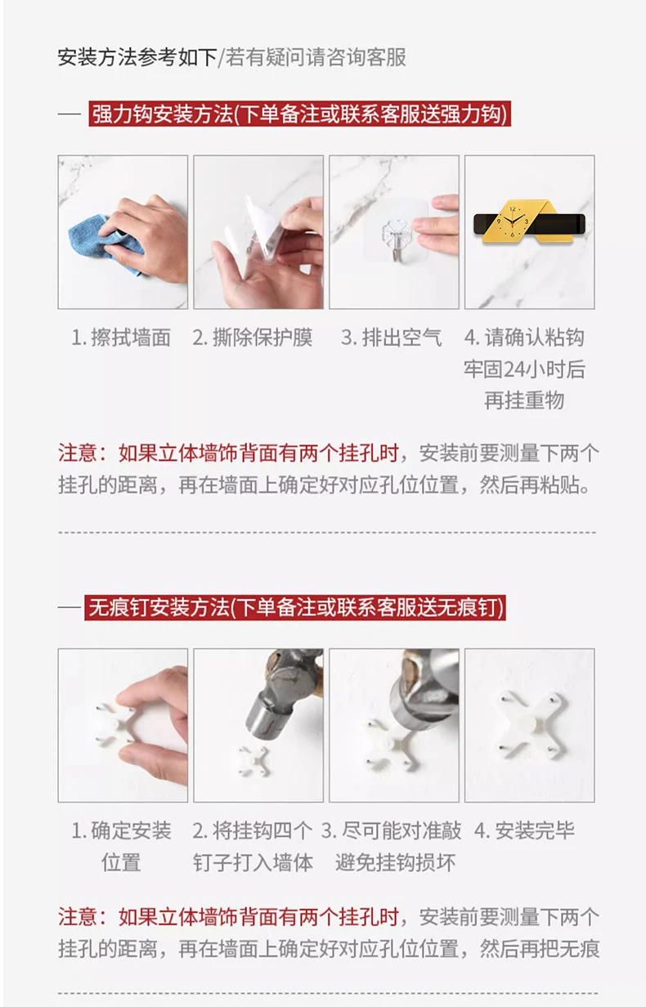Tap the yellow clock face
point(513,222)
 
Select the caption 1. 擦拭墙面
point(121,338)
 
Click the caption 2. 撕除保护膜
point(253,338)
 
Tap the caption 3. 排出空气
point(392,338)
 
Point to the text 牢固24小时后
point(524,369)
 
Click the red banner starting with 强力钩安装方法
point(299,114)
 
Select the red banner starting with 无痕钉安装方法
point(295,607)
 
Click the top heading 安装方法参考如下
point(137,57)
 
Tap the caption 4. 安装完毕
point(524,830)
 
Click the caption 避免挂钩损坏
point(396,862)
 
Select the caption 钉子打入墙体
point(253,862)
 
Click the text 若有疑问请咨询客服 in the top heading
point(316,57)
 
